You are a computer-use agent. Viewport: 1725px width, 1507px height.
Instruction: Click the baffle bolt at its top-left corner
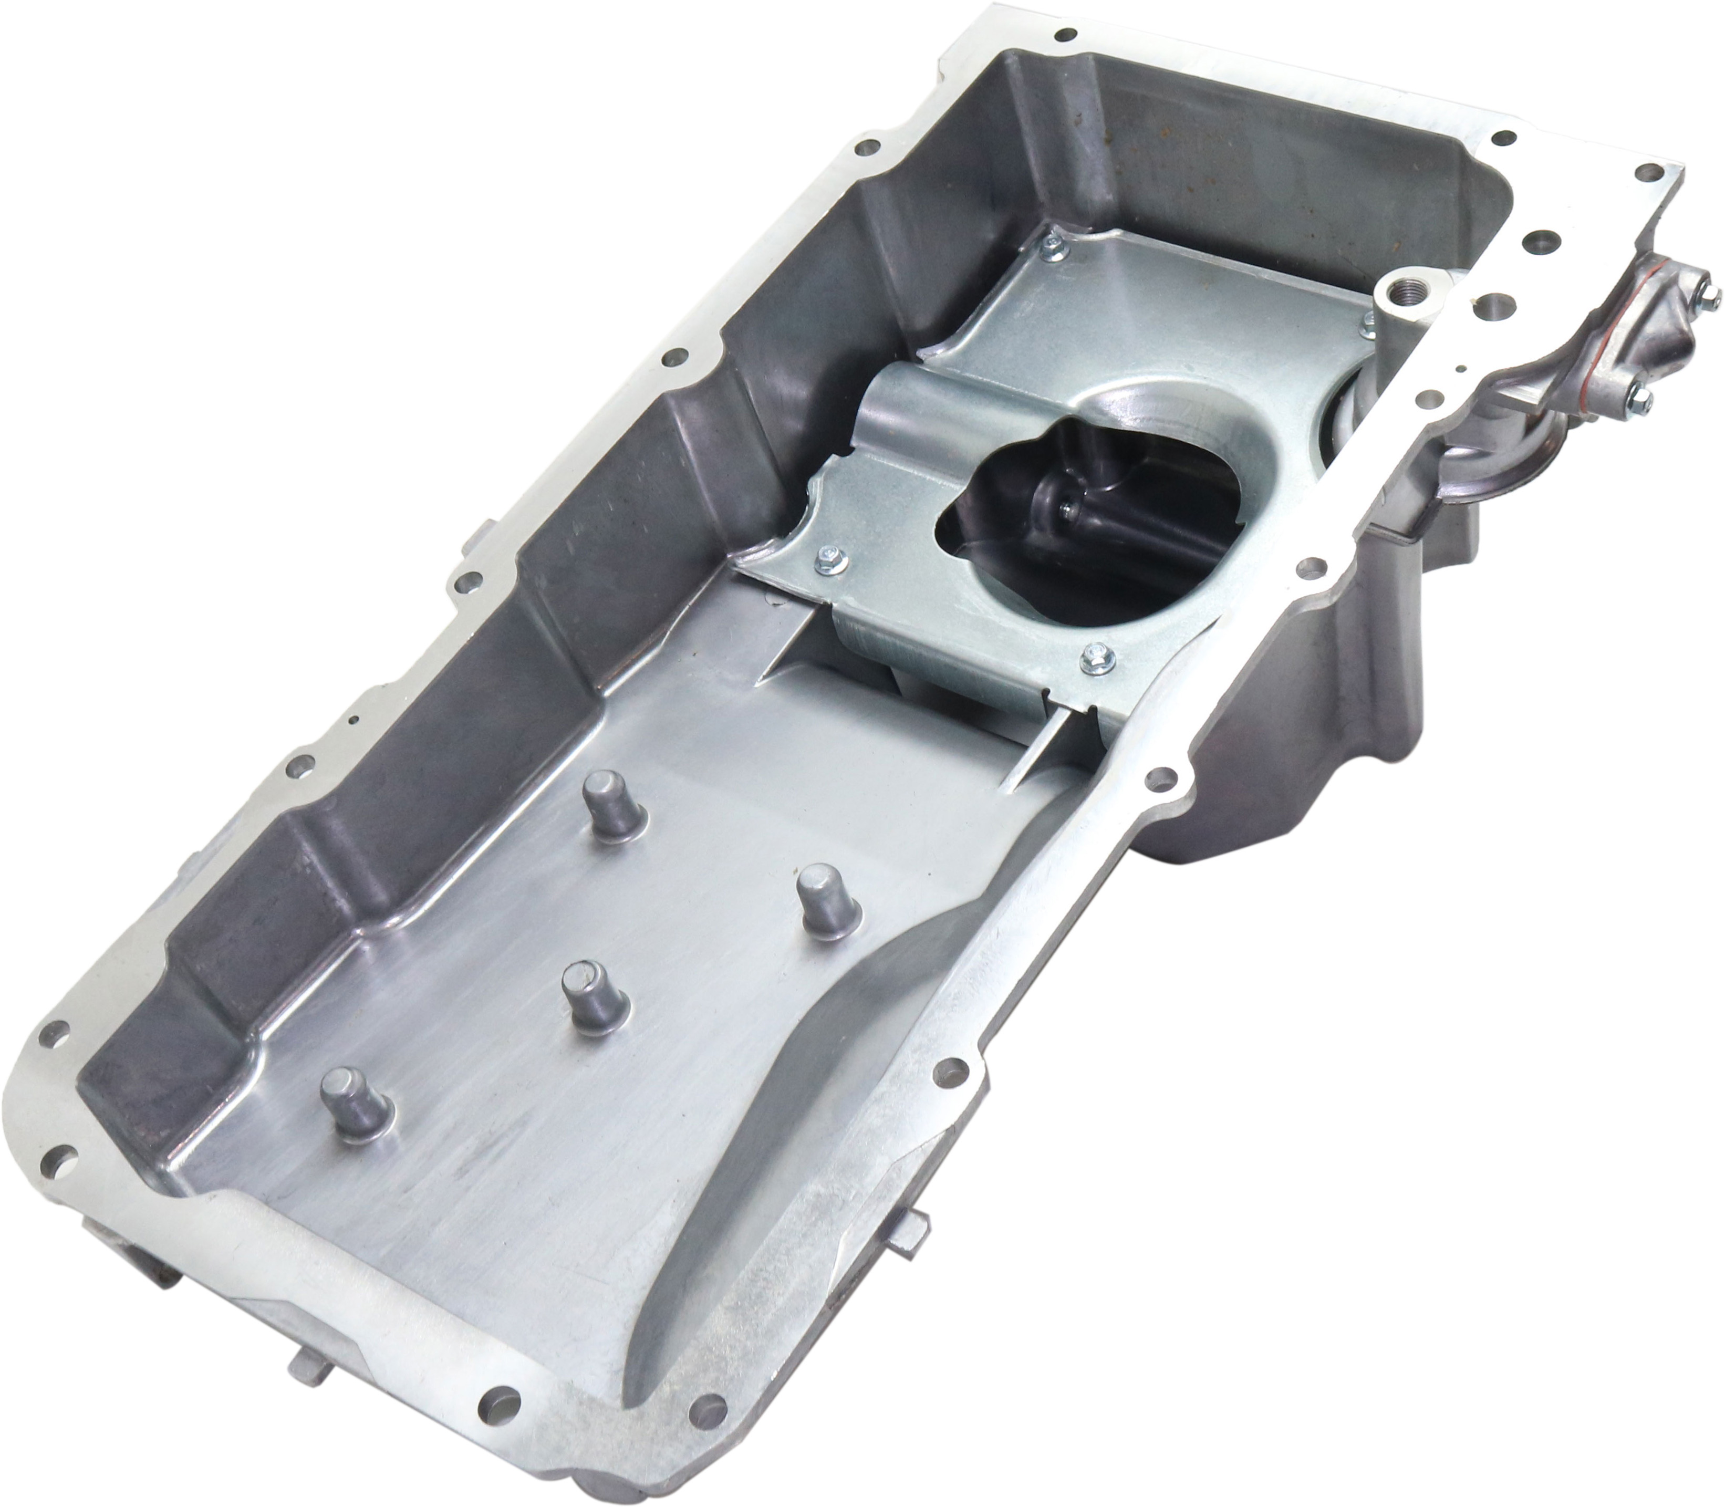(x=1052, y=245)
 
